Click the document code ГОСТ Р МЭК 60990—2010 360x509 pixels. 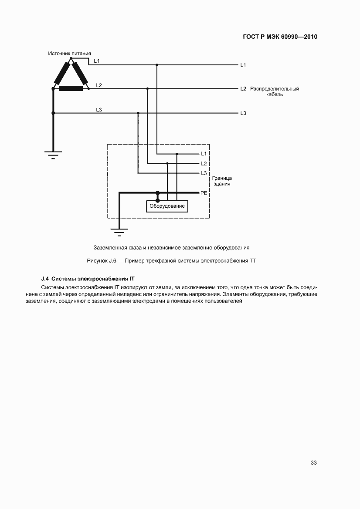(x=279, y=37)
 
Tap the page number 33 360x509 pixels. (x=313, y=462)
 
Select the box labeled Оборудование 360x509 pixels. (x=167, y=206)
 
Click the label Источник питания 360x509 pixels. (x=69, y=53)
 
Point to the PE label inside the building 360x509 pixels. (x=204, y=192)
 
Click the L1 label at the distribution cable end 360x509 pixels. (x=243, y=65)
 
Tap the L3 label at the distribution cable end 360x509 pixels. (x=243, y=113)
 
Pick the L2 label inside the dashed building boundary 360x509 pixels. (x=204, y=164)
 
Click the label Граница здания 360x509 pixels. (x=222, y=181)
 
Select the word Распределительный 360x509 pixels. (x=275, y=89)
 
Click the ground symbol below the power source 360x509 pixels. (x=53, y=154)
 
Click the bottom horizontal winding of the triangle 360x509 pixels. (x=71, y=89)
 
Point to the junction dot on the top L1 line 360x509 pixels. (x=157, y=65)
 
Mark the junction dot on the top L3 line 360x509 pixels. (x=138, y=113)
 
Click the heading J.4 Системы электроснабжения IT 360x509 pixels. (x=88, y=278)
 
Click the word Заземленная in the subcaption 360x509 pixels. (x=110, y=247)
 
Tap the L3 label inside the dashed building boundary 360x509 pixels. (x=204, y=173)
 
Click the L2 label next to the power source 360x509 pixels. (x=99, y=85)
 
